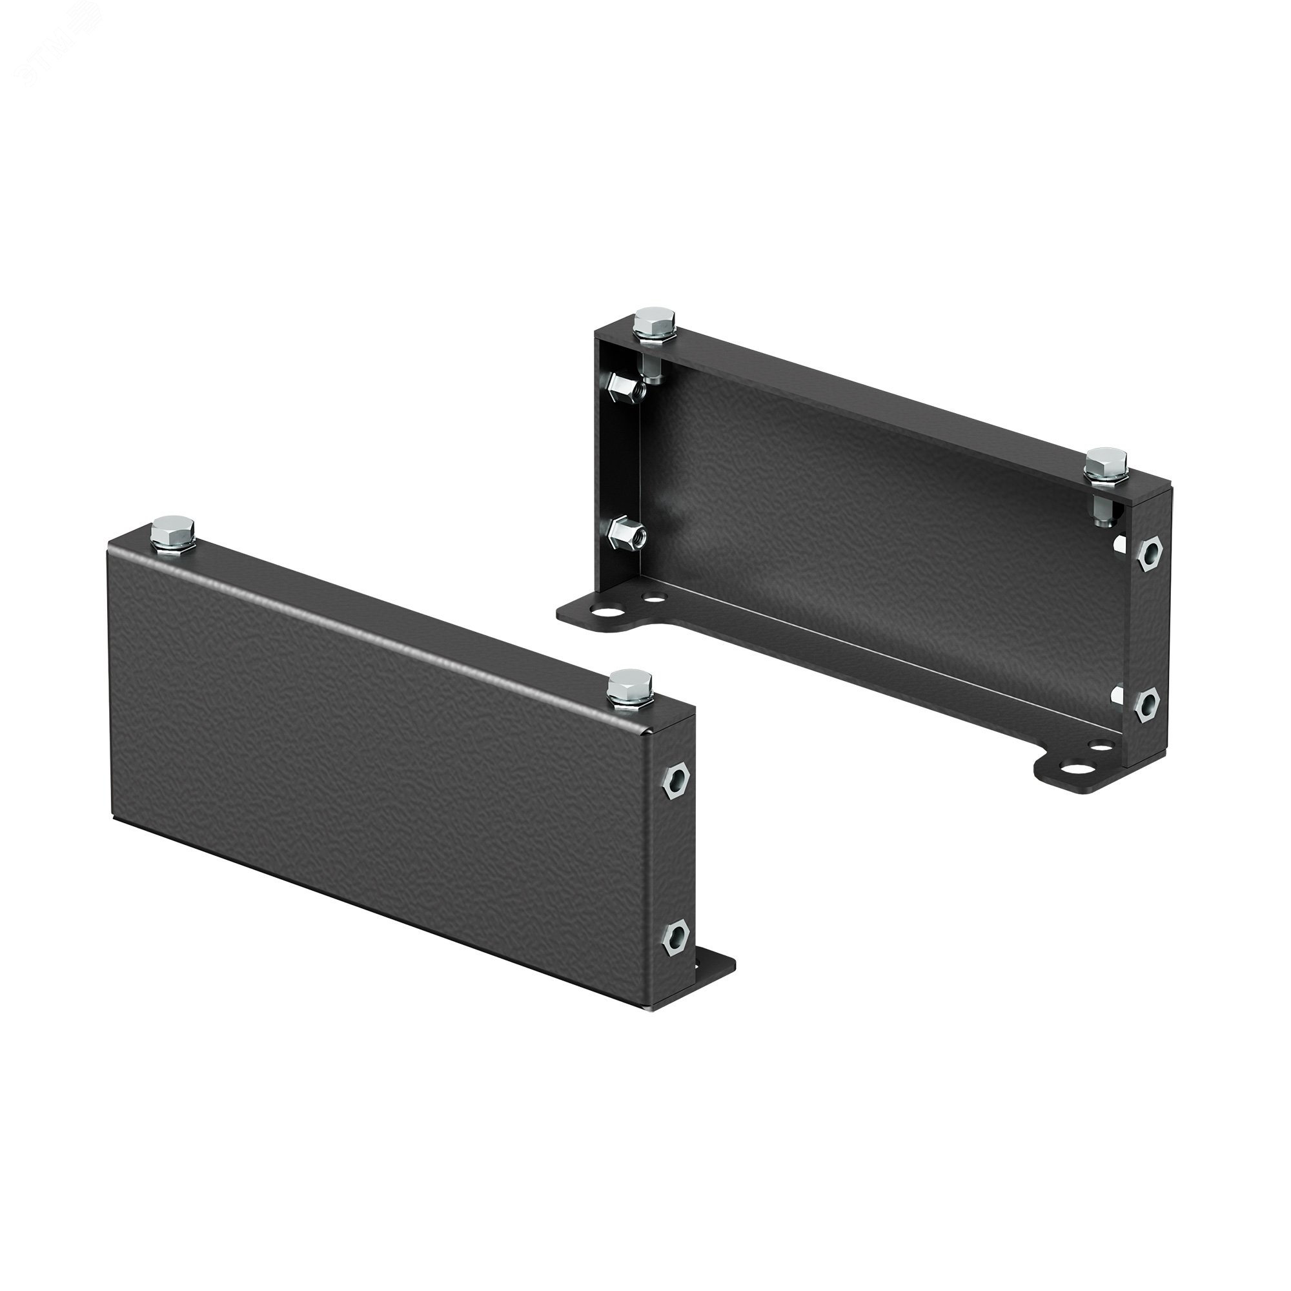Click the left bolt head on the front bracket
pos(172,529)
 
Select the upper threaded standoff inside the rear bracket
pos(623,385)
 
